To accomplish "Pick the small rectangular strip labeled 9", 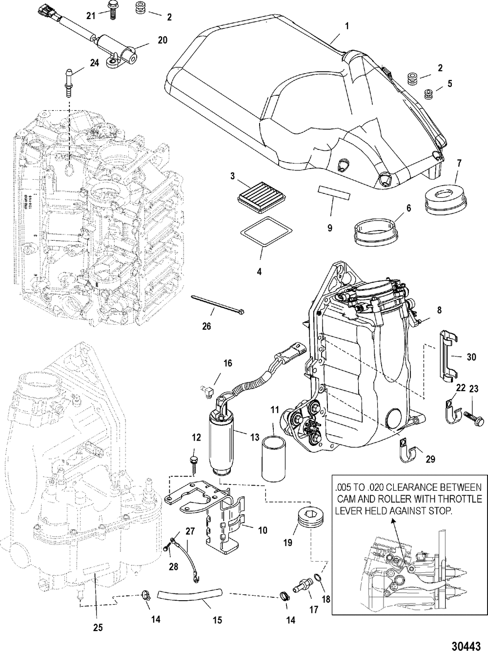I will pos(334,192).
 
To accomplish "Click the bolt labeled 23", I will pos(473,419).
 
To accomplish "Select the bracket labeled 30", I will pos(447,354).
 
